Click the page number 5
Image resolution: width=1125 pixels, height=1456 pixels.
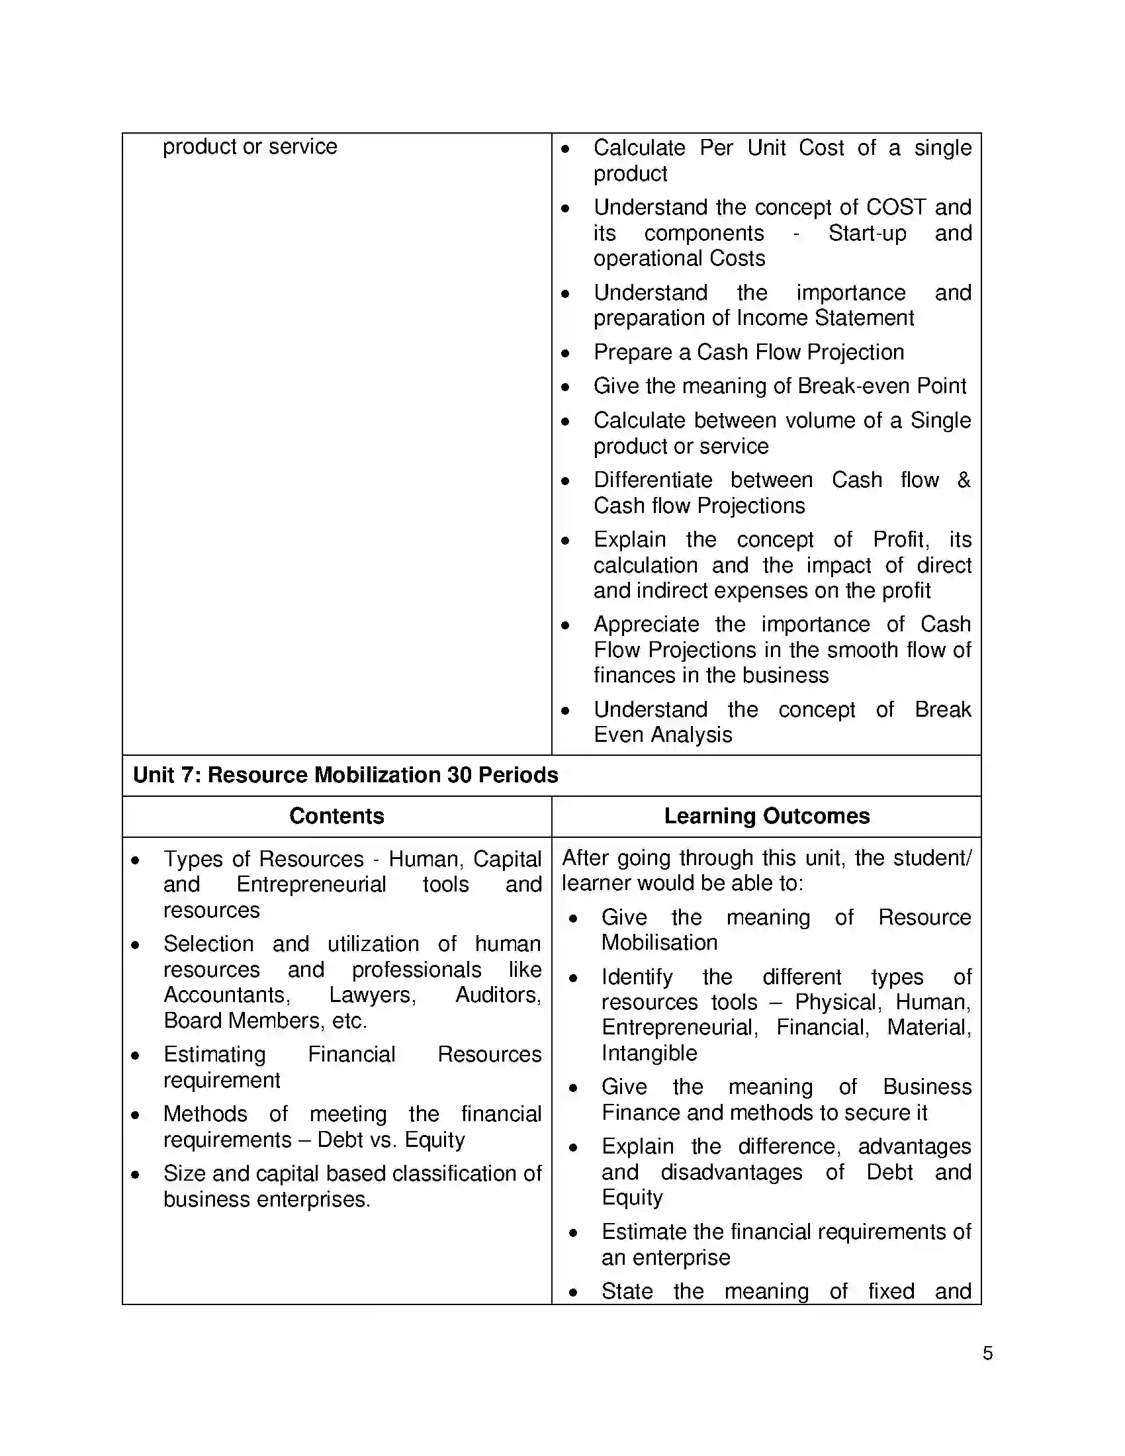[x=987, y=1353]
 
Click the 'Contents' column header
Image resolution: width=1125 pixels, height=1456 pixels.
[x=337, y=816]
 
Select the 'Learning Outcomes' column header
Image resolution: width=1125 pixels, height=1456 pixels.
[x=766, y=816]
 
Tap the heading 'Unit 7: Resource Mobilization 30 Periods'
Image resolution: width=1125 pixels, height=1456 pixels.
[x=345, y=775]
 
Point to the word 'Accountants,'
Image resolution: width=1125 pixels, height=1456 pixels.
[x=226, y=995]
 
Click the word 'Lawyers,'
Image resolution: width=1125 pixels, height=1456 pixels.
[x=373, y=995]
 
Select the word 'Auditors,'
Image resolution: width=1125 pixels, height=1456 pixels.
[x=498, y=995]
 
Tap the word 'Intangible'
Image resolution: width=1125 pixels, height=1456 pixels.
[x=649, y=1053]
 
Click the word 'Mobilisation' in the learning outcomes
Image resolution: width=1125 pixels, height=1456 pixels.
[x=659, y=942]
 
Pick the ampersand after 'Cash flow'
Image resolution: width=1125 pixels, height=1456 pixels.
[x=964, y=479]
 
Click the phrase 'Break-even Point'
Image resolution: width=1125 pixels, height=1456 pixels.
[x=881, y=386]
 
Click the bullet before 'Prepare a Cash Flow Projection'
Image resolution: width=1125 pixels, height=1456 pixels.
[x=565, y=353]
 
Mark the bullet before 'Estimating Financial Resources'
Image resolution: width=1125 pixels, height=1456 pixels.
[x=135, y=1056]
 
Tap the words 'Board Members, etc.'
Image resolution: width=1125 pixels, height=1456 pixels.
[x=265, y=1020]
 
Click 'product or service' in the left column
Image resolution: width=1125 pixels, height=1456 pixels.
[x=250, y=147]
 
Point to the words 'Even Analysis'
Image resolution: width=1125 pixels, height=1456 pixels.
[x=662, y=735]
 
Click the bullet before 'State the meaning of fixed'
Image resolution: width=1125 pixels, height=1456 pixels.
[x=573, y=1292]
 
